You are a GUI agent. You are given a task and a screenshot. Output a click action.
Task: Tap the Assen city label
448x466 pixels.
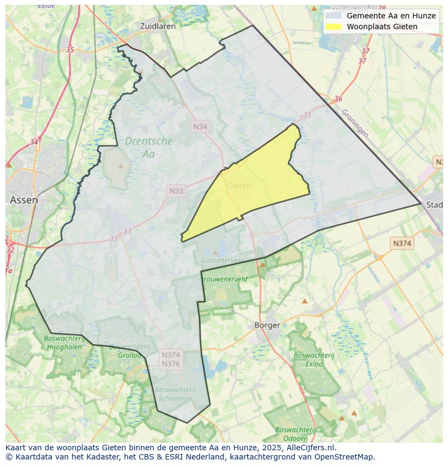[x=24, y=200]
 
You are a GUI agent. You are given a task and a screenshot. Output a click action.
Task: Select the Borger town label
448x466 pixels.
[x=267, y=325]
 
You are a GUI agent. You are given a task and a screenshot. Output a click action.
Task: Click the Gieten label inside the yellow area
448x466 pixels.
[x=239, y=186]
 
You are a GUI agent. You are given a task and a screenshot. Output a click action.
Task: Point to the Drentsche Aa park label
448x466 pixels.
[x=149, y=147]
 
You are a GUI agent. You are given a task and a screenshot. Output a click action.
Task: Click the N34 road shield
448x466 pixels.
[x=200, y=126]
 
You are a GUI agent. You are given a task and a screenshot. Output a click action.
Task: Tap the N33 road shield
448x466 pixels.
[x=176, y=191]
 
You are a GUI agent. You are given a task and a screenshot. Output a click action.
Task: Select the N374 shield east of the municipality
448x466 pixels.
[x=401, y=244]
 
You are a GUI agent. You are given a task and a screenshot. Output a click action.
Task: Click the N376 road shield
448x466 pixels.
[x=170, y=364]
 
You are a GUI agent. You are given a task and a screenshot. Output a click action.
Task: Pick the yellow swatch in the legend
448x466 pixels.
[x=334, y=27]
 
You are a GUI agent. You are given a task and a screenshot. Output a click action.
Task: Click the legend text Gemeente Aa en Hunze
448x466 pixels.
[x=391, y=16]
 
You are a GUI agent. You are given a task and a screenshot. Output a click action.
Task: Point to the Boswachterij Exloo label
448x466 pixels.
[x=308, y=360]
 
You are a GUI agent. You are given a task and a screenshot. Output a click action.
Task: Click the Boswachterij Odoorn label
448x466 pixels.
[x=291, y=434]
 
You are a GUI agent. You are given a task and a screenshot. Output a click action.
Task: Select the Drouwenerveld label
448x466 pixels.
[x=223, y=279]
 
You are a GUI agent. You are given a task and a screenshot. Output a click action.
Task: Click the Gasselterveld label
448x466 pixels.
[x=222, y=260]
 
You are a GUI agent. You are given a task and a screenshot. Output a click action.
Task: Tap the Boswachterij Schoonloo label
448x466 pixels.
[x=175, y=393]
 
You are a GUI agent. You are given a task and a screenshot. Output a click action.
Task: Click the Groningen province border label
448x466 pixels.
[x=354, y=124]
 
